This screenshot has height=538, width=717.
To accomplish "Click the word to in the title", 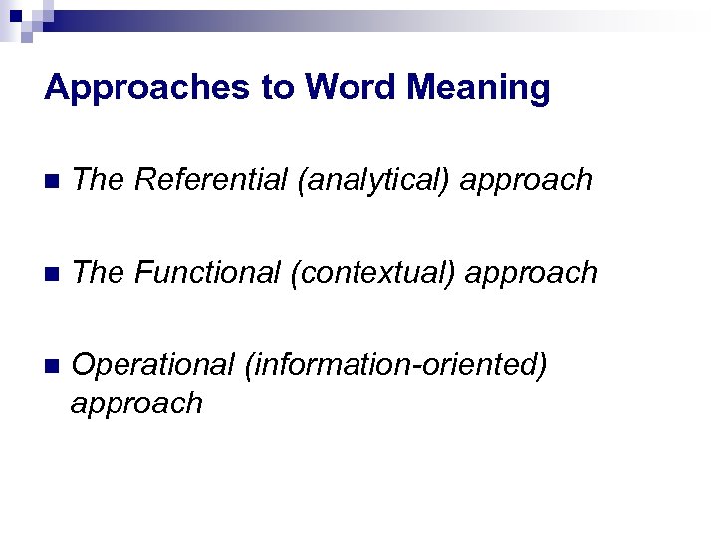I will (278, 89).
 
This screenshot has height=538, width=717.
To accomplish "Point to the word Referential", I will (211, 180).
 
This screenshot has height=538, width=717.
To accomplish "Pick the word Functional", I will (208, 272).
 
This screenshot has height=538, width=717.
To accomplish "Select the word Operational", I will (153, 365).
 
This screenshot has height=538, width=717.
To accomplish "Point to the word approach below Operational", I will (136, 403).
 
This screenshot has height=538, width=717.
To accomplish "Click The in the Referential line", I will (98, 180).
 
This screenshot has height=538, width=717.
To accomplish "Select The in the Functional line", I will (98, 272).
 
